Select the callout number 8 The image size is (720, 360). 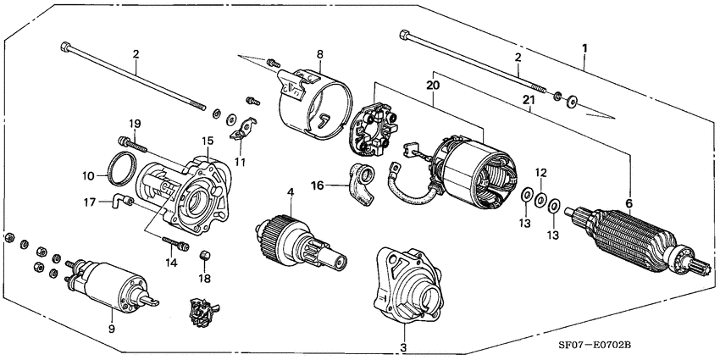coord(319,55)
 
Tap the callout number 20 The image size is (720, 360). coord(432,86)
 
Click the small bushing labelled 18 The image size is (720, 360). coord(203,255)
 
